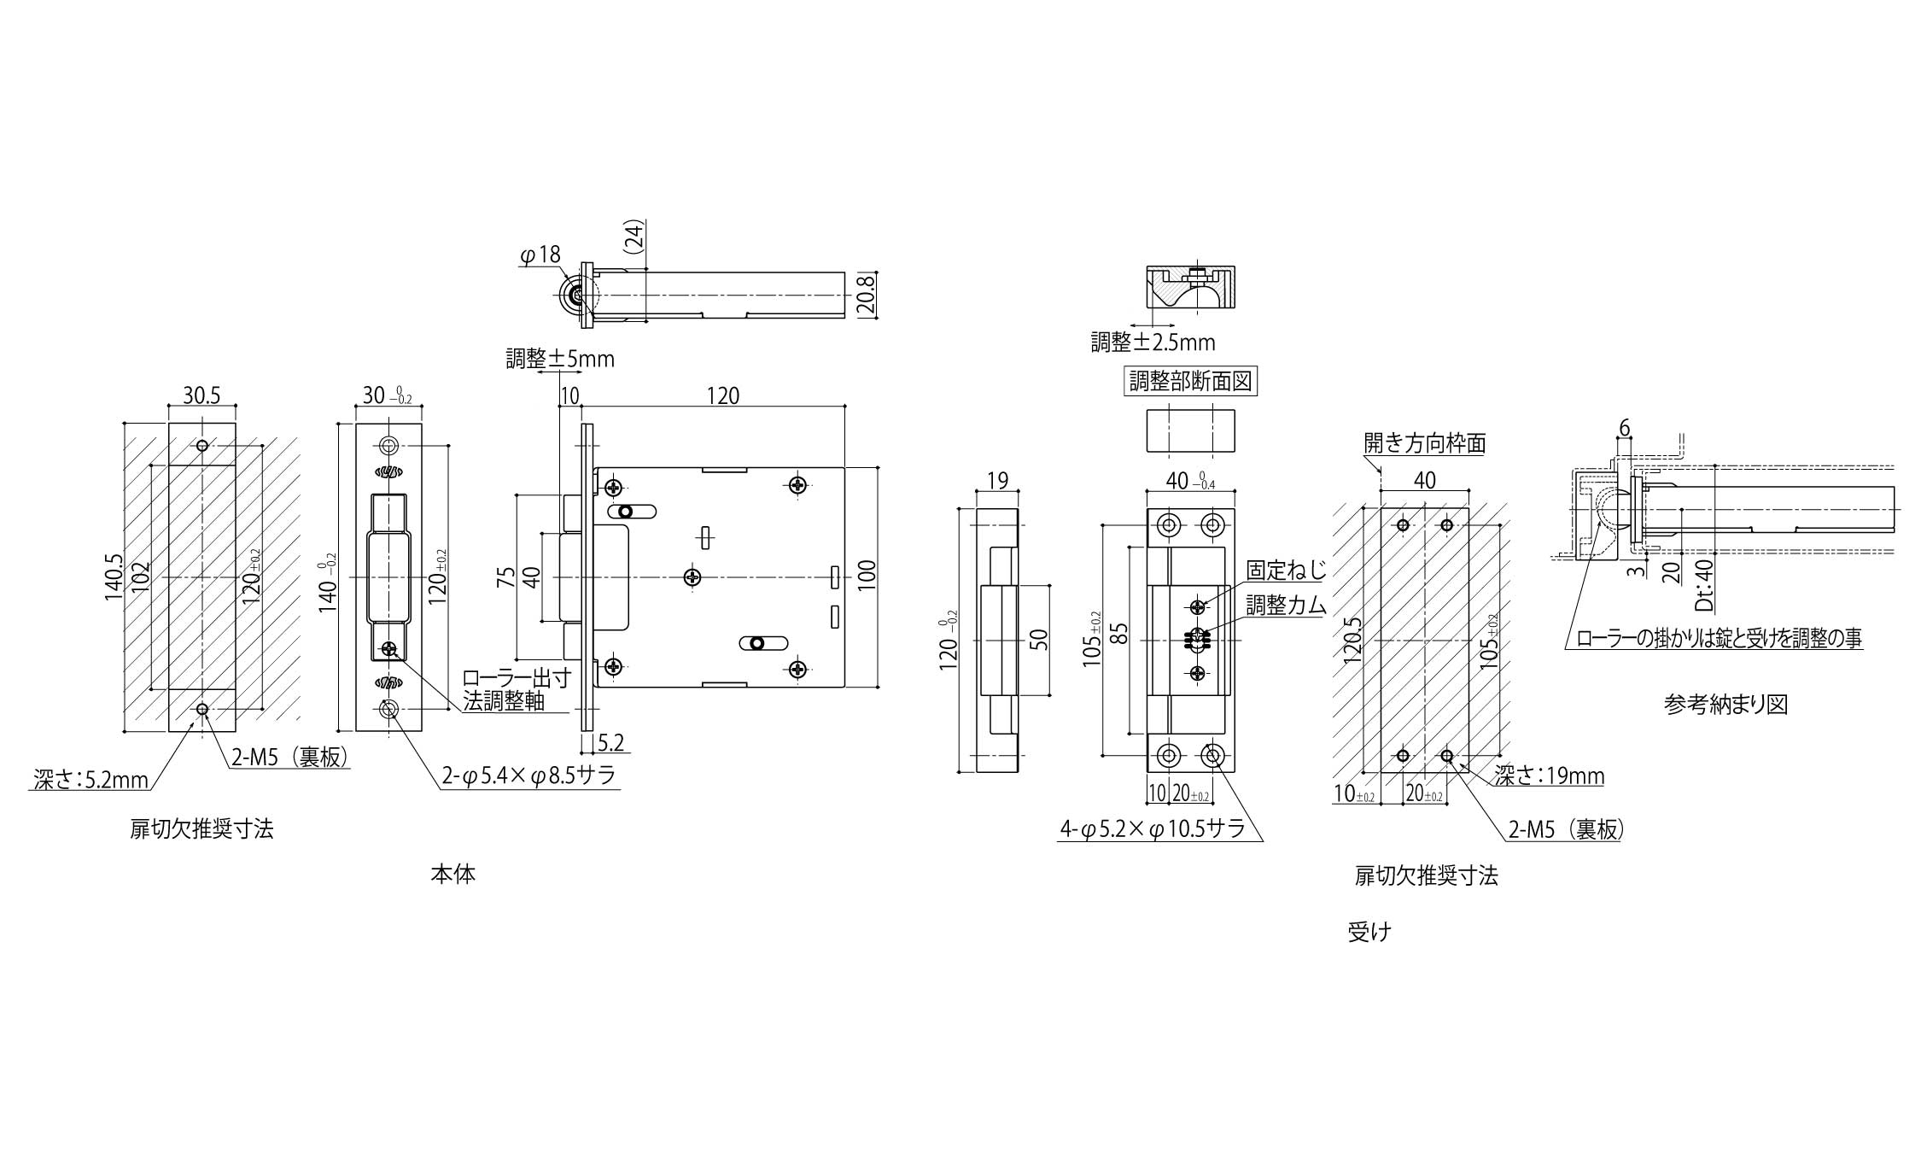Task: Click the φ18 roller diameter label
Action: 540,255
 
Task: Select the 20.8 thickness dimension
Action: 867,296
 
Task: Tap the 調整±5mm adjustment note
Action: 560,359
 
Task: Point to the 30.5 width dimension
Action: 201,395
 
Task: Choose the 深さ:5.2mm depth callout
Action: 91,779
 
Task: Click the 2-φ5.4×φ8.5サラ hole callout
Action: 529,775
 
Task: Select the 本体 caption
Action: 453,875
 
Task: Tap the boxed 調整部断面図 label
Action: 1191,381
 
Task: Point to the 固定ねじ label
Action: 1286,571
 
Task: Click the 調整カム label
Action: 1286,605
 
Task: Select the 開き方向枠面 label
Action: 1425,442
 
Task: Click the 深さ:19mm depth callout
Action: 1549,775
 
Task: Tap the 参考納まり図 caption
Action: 1725,704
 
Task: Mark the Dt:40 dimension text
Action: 1703,584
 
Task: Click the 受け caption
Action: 1369,932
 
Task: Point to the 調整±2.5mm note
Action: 1153,342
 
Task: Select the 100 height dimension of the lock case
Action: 866,577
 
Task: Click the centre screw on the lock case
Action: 693,577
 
